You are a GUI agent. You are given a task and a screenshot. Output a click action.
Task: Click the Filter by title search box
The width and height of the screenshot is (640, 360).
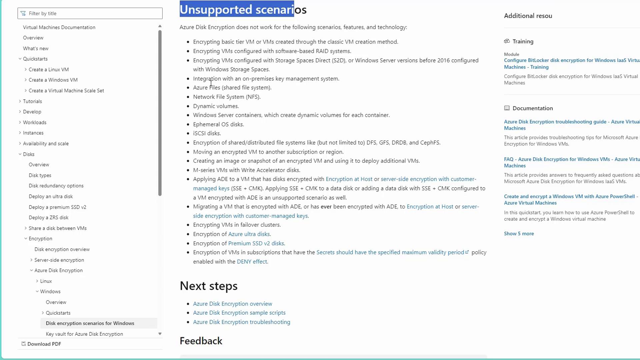click(x=90, y=13)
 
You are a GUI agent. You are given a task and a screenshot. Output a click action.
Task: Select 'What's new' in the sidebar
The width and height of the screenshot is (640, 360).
click(x=36, y=48)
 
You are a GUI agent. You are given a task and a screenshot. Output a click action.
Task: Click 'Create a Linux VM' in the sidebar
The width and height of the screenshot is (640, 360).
click(x=49, y=69)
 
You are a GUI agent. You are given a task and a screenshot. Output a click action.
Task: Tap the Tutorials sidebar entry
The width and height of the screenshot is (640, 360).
click(x=32, y=101)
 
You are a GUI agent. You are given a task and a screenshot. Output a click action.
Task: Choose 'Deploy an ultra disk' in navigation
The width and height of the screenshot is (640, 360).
click(x=51, y=196)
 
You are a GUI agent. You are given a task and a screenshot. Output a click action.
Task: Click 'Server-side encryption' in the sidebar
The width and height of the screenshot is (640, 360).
click(x=59, y=260)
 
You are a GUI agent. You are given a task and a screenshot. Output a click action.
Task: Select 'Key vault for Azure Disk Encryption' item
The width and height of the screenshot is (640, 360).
click(x=84, y=334)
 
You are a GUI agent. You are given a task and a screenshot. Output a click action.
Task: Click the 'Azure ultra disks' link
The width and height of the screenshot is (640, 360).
click(x=249, y=234)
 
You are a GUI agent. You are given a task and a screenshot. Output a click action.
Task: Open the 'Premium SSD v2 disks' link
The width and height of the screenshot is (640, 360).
click(x=256, y=243)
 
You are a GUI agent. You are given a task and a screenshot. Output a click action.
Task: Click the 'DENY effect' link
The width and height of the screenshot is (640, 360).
click(x=252, y=262)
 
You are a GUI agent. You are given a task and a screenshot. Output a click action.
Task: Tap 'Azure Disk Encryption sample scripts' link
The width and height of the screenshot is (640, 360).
click(x=239, y=313)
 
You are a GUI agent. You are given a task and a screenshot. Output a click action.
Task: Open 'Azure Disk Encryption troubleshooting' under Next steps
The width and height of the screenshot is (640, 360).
click(x=242, y=322)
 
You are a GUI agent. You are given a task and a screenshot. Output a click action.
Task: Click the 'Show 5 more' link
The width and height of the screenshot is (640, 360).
click(x=519, y=234)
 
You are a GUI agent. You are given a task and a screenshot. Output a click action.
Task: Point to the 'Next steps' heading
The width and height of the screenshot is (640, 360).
click(x=209, y=286)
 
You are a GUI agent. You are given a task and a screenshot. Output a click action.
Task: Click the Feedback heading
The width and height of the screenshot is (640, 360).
click(x=201, y=341)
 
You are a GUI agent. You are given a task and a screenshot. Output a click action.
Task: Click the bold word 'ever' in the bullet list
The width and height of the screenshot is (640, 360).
click(x=326, y=207)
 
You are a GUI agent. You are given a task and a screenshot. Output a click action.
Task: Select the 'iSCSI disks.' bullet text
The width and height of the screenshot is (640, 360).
click(x=207, y=133)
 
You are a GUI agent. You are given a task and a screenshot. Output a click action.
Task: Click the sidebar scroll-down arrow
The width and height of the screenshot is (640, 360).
click(x=160, y=334)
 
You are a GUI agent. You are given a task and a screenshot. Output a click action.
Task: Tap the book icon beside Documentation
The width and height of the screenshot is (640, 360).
click(x=507, y=108)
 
